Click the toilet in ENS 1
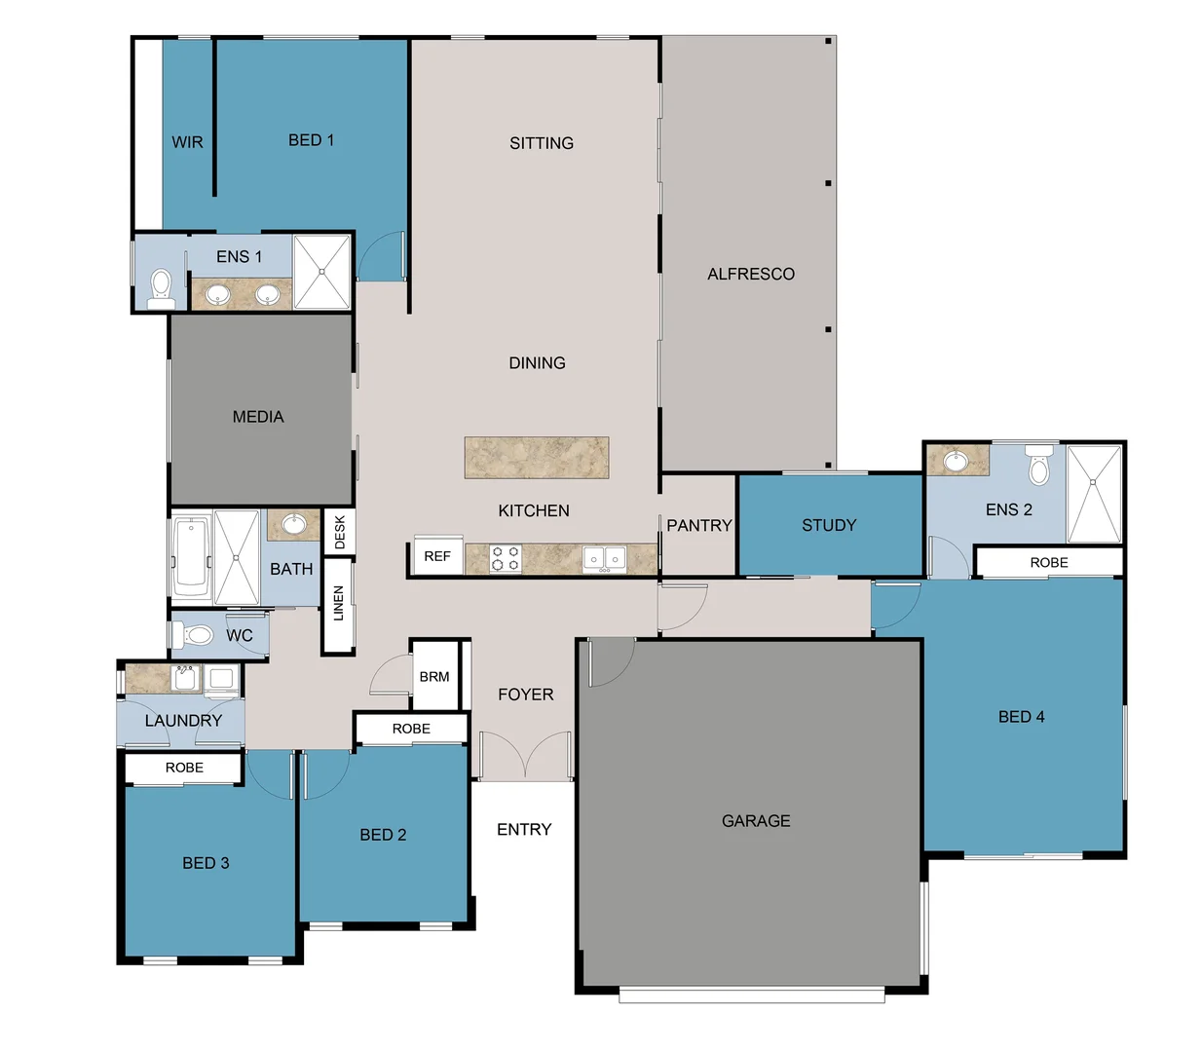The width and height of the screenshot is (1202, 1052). coord(161,288)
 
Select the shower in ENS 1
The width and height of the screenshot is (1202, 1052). coord(321,272)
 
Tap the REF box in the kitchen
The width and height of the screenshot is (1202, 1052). coord(437,556)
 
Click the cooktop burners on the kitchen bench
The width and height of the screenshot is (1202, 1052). coord(505,558)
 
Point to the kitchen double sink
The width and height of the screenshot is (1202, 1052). coord(604,559)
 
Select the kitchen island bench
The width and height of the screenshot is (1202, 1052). coord(537,458)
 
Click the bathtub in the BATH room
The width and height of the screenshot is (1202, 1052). coord(191,557)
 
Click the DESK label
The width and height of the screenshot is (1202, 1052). coord(340,533)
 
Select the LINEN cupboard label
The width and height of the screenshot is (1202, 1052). coord(338,603)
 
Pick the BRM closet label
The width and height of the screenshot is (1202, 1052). coord(434,676)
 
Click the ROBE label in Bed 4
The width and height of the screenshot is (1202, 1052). coord(1049,562)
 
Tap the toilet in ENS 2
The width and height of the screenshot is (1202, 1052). coord(1039,467)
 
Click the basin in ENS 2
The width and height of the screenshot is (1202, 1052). coord(957,461)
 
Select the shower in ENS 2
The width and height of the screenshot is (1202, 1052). coord(1095,494)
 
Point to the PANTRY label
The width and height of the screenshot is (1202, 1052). coord(698,525)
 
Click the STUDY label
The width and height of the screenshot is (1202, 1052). coord(829,525)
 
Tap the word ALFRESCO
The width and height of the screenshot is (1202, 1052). coord(750,275)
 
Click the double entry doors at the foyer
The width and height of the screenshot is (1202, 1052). coord(524,756)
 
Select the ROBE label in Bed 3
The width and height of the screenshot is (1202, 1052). coord(184,768)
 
